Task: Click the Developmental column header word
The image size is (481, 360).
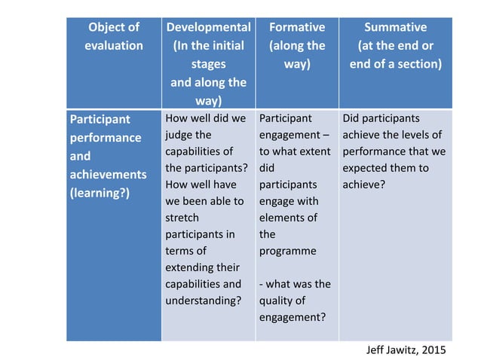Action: click(207, 27)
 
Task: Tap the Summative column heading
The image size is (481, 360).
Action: click(395, 27)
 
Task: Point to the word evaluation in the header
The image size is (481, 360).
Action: click(114, 45)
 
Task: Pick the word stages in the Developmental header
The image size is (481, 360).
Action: click(207, 64)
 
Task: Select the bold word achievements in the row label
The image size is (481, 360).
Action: click(108, 175)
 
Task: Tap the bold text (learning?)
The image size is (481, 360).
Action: click(100, 193)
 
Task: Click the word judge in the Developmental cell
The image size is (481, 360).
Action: click(179, 136)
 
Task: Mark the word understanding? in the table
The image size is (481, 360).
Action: click(202, 301)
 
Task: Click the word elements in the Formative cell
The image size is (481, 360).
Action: click(288, 218)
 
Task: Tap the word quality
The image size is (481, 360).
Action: click(277, 301)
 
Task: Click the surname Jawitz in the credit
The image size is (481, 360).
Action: click(407, 350)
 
